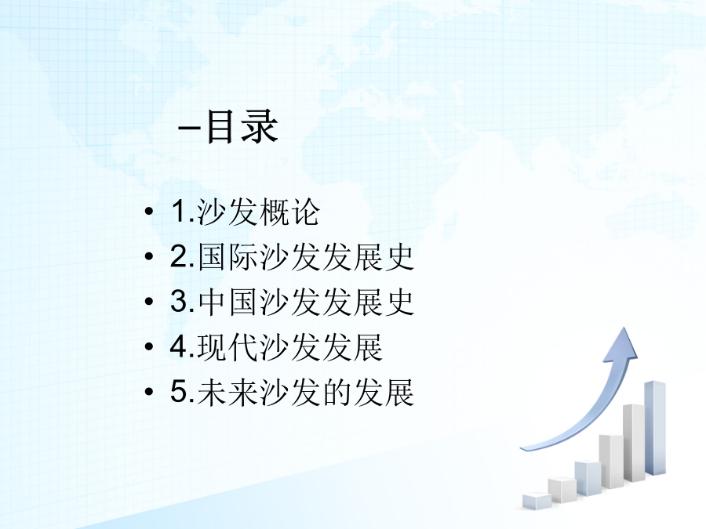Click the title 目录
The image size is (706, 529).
(242, 126)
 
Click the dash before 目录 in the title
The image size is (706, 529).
(189, 129)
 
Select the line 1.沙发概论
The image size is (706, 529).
(246, 212)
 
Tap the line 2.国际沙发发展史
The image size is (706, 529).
(293, 257)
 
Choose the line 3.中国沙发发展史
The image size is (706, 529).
(293, 302)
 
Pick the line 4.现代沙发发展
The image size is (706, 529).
(276, 347)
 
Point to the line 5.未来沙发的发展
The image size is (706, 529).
(293, 392)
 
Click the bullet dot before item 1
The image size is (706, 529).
(149, 212)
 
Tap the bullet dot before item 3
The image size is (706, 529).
(149, 302)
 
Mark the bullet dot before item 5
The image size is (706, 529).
(149, 391)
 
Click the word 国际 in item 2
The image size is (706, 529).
(228, 257)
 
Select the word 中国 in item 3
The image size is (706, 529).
(228, 302)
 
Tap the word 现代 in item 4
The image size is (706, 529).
(228, 347)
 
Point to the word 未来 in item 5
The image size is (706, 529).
(228, 392)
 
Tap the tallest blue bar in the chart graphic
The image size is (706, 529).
(655, 428)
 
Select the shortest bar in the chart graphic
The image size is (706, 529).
(537, 501)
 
